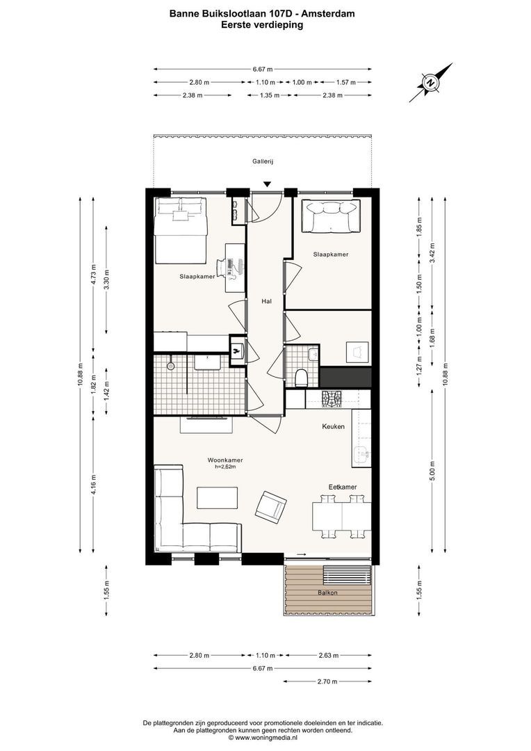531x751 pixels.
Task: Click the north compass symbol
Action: (x=430, y=82)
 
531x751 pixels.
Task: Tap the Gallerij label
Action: (x=263, y=162)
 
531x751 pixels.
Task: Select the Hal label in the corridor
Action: (x=266, y=301)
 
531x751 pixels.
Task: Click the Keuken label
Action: (x=333, y=426)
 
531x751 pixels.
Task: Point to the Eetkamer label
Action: (x=343, y=487)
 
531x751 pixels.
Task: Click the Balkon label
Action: (x=327, y=592)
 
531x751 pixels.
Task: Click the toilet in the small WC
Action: (x=302, y=378)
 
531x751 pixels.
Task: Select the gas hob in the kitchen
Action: (x=332, y=398)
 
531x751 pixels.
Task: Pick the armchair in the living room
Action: (x=270, y=506)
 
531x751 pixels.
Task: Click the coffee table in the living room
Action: (x=218, y=498)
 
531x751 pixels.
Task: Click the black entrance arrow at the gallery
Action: (x=268, y=184)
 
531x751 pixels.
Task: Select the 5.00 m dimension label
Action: (x=432, y=470)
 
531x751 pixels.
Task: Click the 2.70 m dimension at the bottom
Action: (x=327, y=681)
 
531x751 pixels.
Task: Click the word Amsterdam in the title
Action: (x=333, y=14)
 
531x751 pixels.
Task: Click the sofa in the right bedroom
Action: (x=332, y=216)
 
